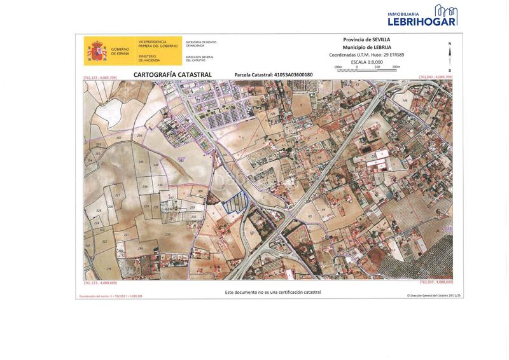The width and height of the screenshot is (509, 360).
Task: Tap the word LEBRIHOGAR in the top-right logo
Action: pyautogui.click(x=422, y=21)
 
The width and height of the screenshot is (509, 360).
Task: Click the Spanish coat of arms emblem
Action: pyautogui.click(x=97, y=51)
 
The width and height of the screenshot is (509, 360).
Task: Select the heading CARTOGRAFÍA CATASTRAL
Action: pyautogui.click(x=172, y=74)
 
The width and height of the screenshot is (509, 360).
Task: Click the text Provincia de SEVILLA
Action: pyautogui.click(x=366, y=39)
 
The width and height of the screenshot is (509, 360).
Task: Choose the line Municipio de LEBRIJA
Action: pyautogui.click(x=366, y=47)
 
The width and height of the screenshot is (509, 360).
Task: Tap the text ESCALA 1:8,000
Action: pyautogui.click(x=367, y=62)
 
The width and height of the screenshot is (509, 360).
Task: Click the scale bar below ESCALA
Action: pyautogui.click(x=367, y=68)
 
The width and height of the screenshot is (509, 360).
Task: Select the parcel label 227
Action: pyautogui.click(x=117, y=195)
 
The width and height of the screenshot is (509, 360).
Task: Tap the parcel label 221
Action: pyautogui.click(x=126, y=235)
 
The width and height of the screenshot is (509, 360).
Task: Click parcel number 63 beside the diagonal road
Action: pyautogui.click(x=310, y=216)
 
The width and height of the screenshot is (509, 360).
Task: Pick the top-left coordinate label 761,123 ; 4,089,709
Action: pyautogui.click(x=101, y=78)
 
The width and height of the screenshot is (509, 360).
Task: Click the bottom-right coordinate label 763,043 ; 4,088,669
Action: pyautogui.click(x=436, y=282)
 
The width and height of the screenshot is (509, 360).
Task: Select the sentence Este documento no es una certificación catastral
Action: pyautogui.click(x=273, y=292)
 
